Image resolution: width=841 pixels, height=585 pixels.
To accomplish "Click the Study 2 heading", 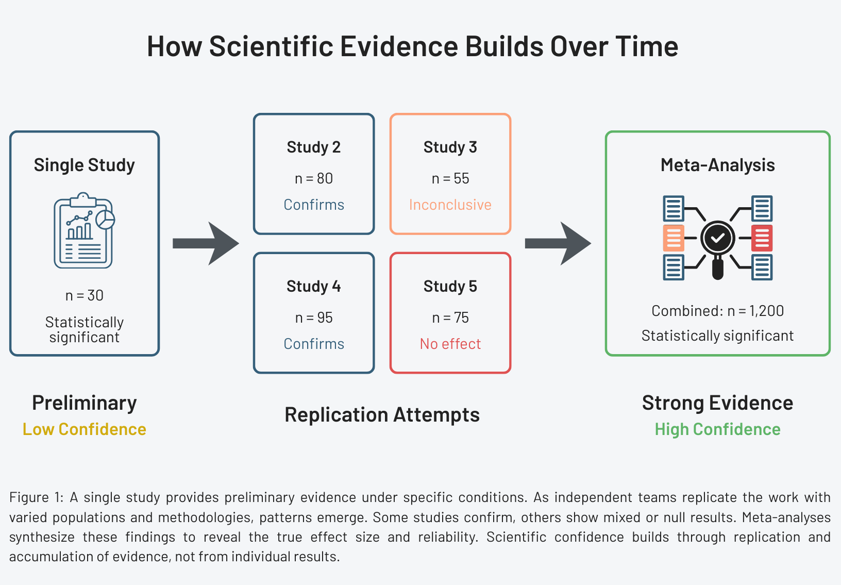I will [x=313, y=147].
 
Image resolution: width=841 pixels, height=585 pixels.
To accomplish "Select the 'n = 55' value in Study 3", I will [x=450, y=179].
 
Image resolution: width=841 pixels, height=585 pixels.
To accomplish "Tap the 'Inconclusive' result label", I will [x=450, y=205].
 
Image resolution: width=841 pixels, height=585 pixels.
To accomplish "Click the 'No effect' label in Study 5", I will [x=450, y=344].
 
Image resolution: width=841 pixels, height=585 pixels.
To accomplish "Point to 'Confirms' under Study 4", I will [x=314, y=344].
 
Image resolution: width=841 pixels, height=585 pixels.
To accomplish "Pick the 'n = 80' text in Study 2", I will [x=313, y=179].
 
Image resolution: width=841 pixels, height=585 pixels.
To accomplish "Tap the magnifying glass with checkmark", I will [x=717, y=242].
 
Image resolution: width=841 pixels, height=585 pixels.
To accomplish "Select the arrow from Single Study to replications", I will [x=206, y=243].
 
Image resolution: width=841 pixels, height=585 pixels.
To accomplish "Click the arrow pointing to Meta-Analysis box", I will [x=558, y=243].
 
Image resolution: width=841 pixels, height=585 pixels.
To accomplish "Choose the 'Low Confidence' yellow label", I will [x=85, y=429].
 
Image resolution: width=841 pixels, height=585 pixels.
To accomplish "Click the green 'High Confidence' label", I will [x=717, y=429].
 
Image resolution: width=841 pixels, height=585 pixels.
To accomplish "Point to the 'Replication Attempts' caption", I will [x=382, y=415].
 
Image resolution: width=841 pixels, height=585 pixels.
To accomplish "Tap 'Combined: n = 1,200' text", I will [x=717, y=311].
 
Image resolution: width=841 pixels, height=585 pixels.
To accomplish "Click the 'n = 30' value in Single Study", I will [x=85, y=295].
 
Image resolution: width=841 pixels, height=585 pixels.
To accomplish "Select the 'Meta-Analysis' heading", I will [x=717, y=165].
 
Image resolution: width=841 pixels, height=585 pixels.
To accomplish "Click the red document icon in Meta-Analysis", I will [x=762, y=238].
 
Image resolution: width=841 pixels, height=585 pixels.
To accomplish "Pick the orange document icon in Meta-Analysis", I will [x=674, y=238].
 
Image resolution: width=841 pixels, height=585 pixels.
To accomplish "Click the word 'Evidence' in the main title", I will [x=399, y=46].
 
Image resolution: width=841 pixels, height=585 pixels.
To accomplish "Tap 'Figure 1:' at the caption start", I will [x=37, y=497].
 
